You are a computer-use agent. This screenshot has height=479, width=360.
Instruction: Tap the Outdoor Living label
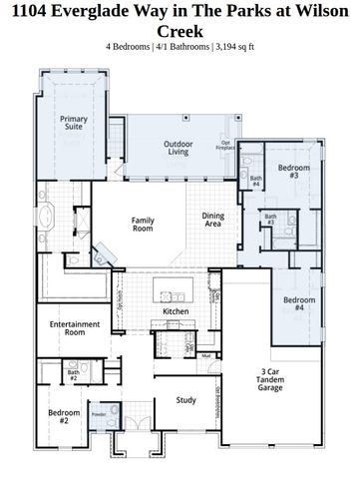click(x=179, y=149)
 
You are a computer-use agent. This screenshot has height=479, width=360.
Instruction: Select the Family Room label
click(x=146, y=225)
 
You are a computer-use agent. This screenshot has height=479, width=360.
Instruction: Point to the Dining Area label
click(x=212, y=220)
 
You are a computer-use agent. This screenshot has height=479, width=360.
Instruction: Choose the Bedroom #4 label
click(x=294, y=304)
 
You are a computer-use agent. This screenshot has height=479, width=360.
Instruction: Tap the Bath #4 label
click(x=256, y=182)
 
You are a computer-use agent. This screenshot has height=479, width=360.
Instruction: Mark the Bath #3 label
click(x=269, y=220)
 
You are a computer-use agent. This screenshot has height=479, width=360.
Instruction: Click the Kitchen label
click(x=176, y=311)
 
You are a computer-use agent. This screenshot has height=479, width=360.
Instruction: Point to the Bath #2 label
click(x=73, y=375)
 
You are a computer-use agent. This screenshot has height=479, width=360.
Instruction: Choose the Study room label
click(x=185, y=400)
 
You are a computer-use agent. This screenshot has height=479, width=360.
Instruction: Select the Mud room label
click(x=205, y=355)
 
